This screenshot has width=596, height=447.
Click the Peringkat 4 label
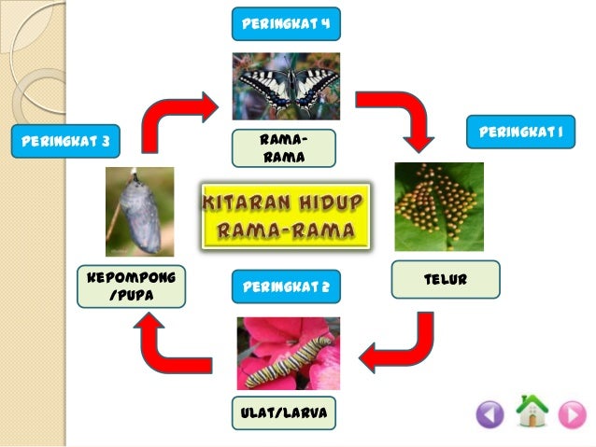point(286,21)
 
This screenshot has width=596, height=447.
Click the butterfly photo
point(286,86)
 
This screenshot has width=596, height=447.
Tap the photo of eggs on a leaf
point(438,206)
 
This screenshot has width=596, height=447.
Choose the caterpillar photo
point(288,353)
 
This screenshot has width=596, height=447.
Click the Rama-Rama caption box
point(285,148)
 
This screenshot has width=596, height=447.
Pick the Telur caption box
point(446,279)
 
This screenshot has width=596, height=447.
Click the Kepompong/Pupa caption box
point(131,287)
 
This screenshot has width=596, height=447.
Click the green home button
point(531,412)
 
